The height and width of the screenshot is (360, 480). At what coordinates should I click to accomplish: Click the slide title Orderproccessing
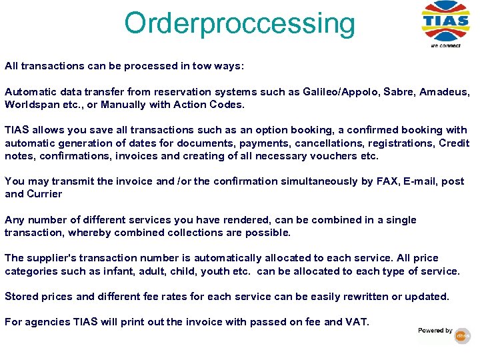click(239, 23)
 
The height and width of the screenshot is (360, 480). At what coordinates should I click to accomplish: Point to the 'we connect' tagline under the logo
click(445, 45)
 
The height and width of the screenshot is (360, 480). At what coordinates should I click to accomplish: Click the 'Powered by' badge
click(443, 333)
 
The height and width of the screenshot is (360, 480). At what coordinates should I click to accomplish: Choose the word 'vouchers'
click(331, 156)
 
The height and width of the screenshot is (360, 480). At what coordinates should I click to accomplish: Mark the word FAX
click(369, 181)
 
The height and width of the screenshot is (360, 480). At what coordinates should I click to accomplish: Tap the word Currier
click(43, 194)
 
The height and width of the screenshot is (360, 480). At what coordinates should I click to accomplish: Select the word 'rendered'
click(255, 220)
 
